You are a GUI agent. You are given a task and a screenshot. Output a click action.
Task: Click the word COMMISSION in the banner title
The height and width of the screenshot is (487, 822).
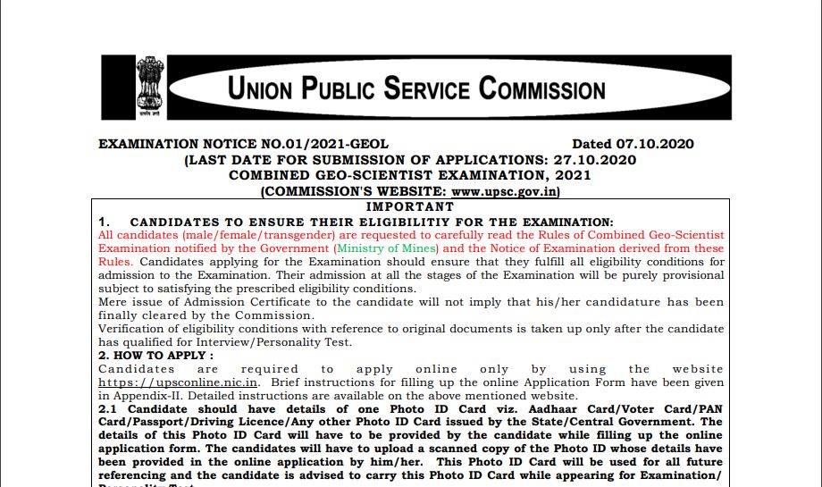point(542,88)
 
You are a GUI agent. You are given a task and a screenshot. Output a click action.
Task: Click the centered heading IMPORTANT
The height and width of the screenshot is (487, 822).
point(415,206)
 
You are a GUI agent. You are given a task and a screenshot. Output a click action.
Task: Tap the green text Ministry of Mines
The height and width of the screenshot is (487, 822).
point(386,248)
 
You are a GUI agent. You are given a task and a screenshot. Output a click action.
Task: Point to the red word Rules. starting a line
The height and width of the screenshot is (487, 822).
point(116,262)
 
